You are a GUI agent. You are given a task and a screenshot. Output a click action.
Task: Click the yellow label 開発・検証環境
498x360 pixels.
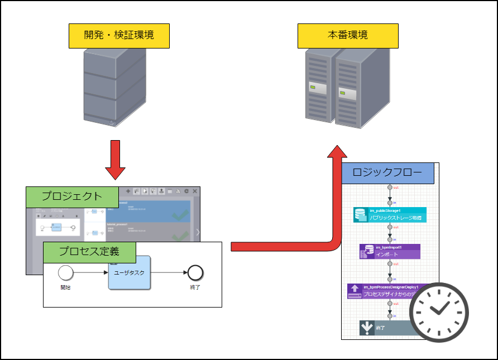coord(118,36)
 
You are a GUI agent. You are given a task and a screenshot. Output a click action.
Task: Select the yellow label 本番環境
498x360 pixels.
coord(347,36)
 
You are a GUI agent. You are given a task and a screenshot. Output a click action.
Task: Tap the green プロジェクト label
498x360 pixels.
coord(72,196)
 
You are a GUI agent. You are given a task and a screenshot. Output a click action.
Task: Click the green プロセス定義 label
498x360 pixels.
coord(89,252)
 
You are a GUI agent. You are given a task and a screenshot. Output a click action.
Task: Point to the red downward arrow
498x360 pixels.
coord(115,160)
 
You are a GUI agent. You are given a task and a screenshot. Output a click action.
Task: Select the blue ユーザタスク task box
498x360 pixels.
coord(130,272)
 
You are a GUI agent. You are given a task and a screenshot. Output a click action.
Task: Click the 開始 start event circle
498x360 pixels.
coord(66,272)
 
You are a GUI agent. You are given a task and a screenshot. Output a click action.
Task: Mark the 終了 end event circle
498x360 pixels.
coord(195,272)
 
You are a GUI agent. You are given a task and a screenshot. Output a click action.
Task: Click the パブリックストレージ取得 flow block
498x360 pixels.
coord(390,215)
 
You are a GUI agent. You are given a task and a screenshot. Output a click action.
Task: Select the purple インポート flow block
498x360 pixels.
coord(390,251)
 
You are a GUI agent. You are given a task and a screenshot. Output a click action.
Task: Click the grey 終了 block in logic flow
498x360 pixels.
coord(385,329)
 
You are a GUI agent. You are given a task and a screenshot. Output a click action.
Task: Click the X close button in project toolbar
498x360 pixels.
coord(195,191)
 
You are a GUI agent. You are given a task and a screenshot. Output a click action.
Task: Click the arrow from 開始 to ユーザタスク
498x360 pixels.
coord(90,272)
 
